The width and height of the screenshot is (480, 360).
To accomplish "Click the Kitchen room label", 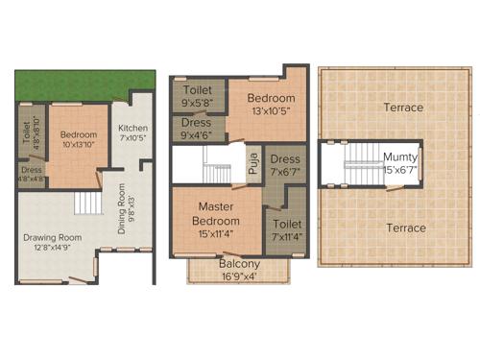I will click(x=132, y=128).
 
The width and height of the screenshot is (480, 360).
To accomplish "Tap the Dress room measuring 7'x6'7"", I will click(x=285, y=165).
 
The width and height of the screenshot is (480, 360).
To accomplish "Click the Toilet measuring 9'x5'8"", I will click(x=197, y=95).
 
